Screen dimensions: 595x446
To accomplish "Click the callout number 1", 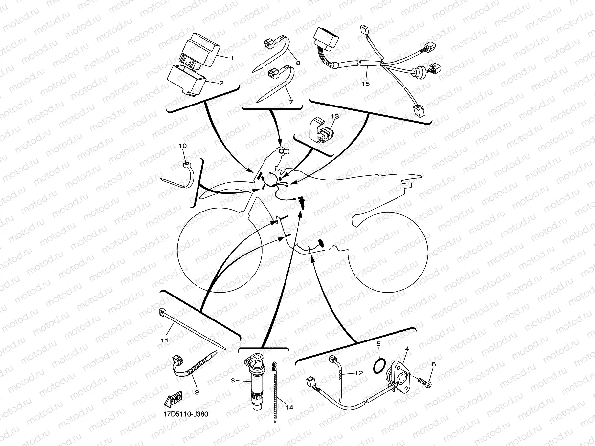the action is tap(232, 58).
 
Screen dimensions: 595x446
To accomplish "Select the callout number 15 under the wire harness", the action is tap(365, 84).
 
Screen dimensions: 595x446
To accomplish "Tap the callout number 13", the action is tap(335, 116).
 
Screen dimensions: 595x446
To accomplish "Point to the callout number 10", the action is tap(183, 146).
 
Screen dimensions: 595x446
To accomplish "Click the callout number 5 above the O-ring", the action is tap(379, 344).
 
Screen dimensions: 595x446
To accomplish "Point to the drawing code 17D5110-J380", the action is tap(186, 414).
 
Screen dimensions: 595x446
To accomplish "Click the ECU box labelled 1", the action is tap(199, 51).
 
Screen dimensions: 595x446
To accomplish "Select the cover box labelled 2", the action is tap(187, 81).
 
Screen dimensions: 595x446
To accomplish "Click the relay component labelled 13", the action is tap(322, 130).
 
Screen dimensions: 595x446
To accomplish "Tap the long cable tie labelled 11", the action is tap(192, 329).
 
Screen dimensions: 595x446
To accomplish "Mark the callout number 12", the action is tap(359, 373).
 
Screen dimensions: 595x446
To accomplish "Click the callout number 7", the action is tap(291, 102).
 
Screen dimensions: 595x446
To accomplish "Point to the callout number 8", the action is tap(298, 63).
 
